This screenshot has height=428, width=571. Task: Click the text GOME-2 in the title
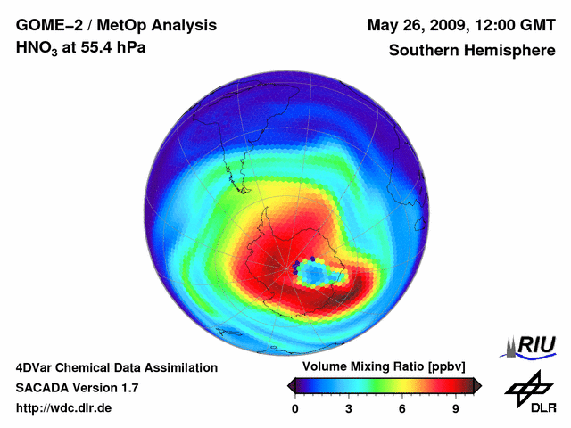point(45,25)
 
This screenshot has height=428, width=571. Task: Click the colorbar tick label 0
point(295,409)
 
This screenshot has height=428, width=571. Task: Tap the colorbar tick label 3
point(349,409)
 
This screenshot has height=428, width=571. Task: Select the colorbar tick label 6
point(402,409)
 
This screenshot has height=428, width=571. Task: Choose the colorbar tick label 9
point(456,409)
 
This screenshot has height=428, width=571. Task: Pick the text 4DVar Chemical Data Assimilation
point(116,367)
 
